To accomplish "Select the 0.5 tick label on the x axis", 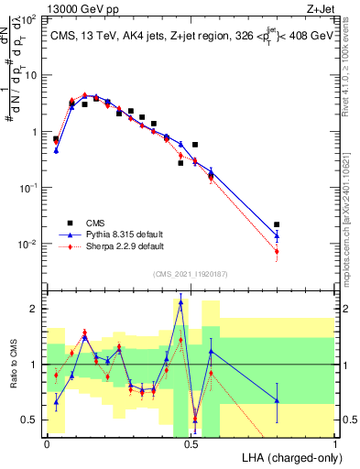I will [191, 443].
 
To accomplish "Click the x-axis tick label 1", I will [335, 443].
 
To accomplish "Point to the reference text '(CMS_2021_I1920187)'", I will [191, 273].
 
